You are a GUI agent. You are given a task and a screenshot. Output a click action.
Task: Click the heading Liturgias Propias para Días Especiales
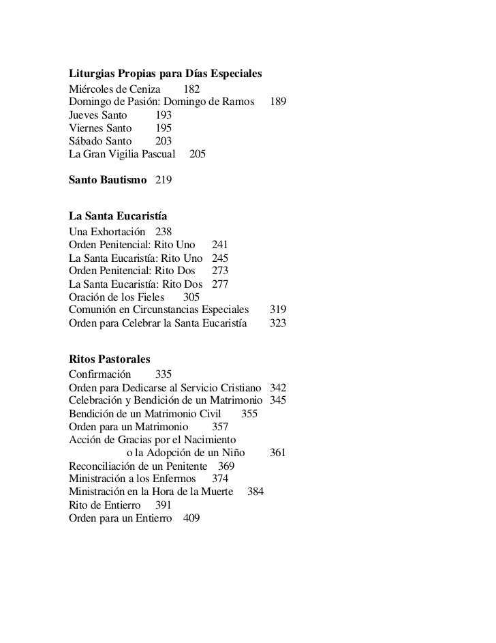pyautogui.click(x=166, y=74)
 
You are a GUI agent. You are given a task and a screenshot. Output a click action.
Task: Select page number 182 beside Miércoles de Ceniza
pyautogui.click(x=192, y=89)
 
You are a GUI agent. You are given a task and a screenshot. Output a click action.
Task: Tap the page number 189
pyautogui.click(x=278, y=102)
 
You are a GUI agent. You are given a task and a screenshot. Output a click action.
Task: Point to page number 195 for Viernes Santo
pyautogui.click(x=164, y=128)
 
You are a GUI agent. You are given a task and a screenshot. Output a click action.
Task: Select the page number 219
pyautogui.click(x=164, y=180)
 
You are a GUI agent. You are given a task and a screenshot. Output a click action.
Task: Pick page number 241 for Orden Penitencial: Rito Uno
pyautogui.click(x=220, y=245)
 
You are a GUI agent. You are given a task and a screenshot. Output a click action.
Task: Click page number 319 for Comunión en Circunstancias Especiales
pyautogui.click(x=278, y=310)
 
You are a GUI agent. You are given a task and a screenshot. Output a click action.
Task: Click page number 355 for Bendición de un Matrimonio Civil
pyautogui.click(x=249, y=413)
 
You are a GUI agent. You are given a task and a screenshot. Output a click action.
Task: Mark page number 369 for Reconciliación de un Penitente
pyautogui.click(x=226, y=466)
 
